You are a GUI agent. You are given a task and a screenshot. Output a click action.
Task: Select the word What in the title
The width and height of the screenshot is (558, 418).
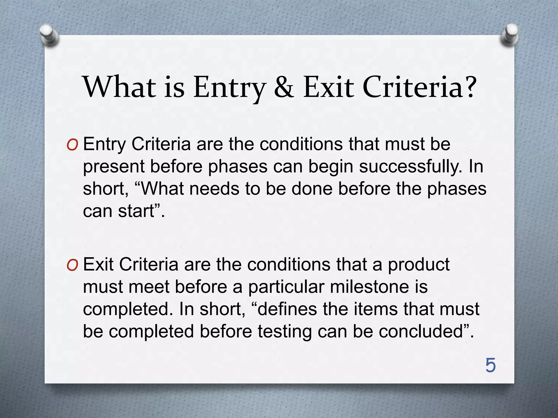(x=120, y=87)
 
